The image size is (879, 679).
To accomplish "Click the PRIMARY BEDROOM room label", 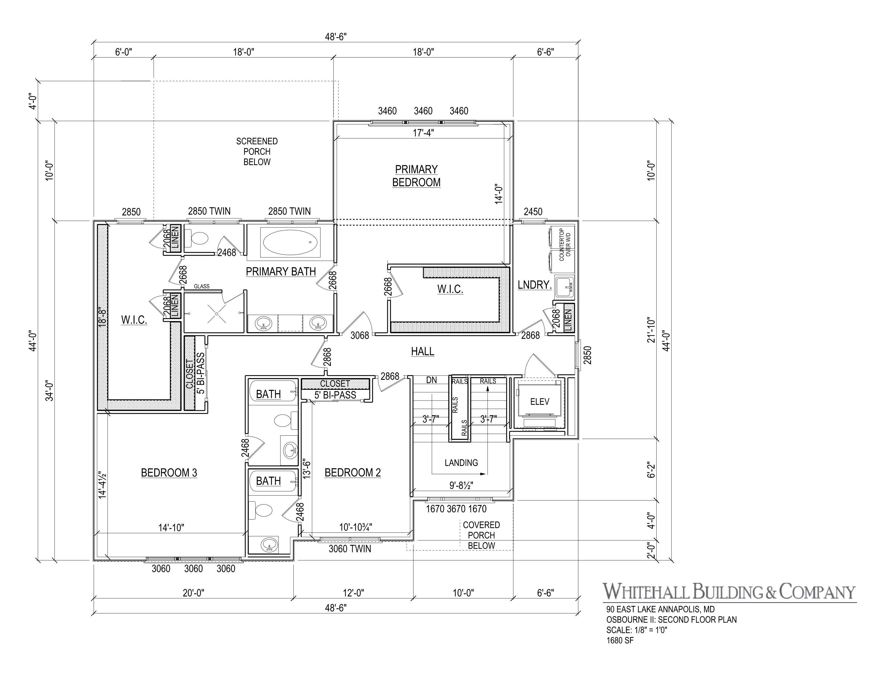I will pos(416,176).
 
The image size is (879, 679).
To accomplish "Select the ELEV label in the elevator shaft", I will pos(539,402).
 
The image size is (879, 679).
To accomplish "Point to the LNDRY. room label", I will pos(534,285).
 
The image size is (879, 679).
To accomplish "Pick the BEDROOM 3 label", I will pos(169,473).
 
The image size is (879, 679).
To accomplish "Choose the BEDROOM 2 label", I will pos(353,473).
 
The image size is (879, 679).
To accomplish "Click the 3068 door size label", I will pos(359,336).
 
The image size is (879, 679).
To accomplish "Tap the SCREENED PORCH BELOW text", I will pos(257,152).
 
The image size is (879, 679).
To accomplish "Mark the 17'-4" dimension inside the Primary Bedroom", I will pos(423,133).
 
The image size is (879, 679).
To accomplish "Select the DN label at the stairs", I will pos(431,380).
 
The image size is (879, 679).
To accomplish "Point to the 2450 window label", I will pos(533,212).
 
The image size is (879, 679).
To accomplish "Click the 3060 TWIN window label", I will pos(350,549).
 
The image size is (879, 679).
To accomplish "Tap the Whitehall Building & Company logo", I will pos(729,592).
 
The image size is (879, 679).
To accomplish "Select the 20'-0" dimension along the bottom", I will pos(194,592).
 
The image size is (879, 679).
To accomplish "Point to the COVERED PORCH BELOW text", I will pos(481,535).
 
